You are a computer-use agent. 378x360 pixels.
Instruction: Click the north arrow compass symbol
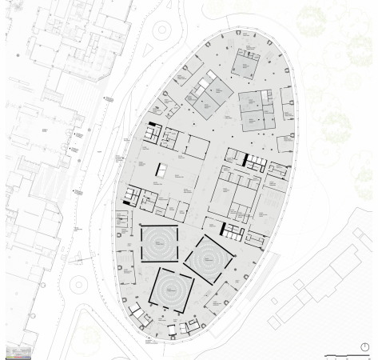point(364,346)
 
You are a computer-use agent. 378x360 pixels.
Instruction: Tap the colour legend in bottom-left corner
point(19,351)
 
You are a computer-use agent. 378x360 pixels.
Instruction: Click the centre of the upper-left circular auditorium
point(159,243)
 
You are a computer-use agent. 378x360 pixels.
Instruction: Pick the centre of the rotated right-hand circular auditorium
point(209,260)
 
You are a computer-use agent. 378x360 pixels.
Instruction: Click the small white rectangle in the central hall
point(162,171)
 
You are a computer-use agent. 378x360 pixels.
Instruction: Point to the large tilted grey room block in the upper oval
point(209,97)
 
